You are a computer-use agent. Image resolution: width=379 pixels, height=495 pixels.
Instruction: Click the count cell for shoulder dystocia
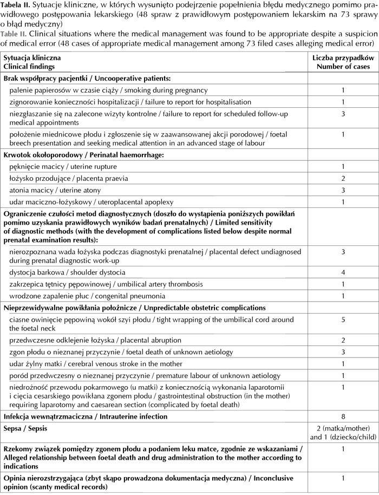(343, 272)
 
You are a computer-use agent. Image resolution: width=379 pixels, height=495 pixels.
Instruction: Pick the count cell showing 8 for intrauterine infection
(343, 416)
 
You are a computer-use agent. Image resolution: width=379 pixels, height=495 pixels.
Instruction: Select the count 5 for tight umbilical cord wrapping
(343, 320)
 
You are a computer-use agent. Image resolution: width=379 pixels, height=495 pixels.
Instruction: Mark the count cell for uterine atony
(343, 190)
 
